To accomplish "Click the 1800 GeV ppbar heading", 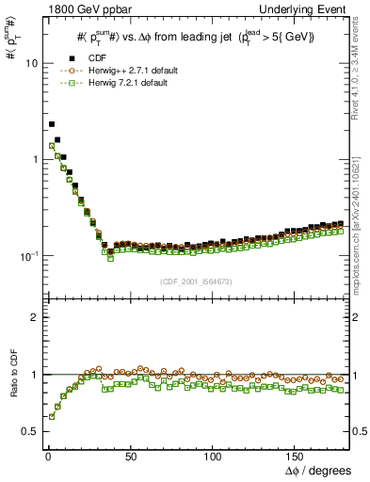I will tap(87, 8).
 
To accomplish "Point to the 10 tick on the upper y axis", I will tap(31, 63).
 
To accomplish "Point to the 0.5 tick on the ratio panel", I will tap(30, 432).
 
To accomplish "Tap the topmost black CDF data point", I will tap(52, 123).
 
